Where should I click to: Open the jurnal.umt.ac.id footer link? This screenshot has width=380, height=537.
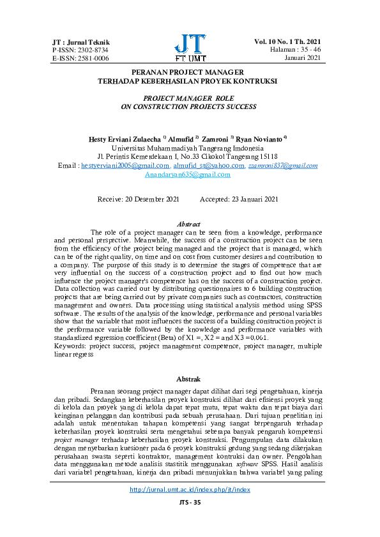189,507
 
